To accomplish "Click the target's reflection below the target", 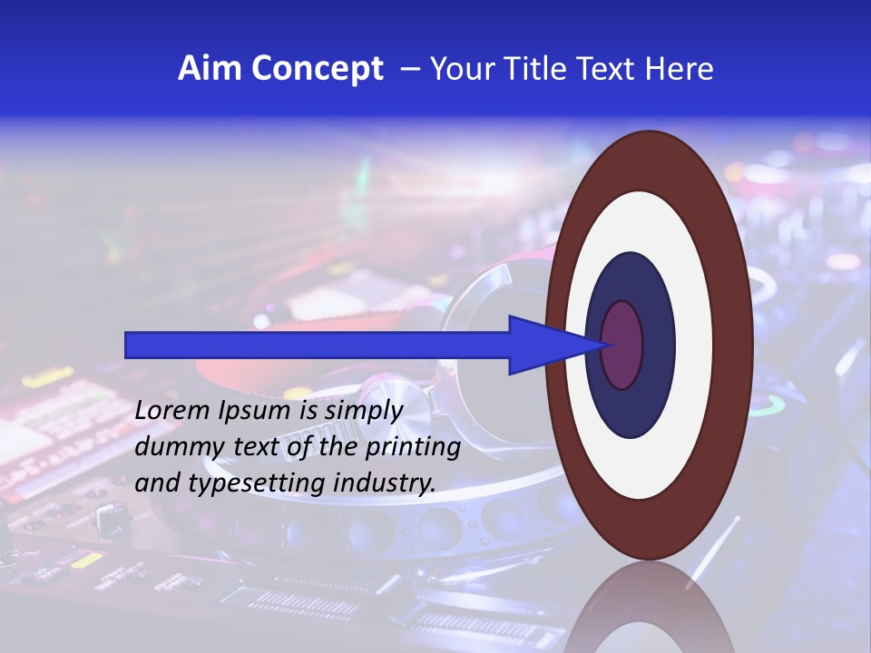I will pyautogui.click(x=650, y=608).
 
